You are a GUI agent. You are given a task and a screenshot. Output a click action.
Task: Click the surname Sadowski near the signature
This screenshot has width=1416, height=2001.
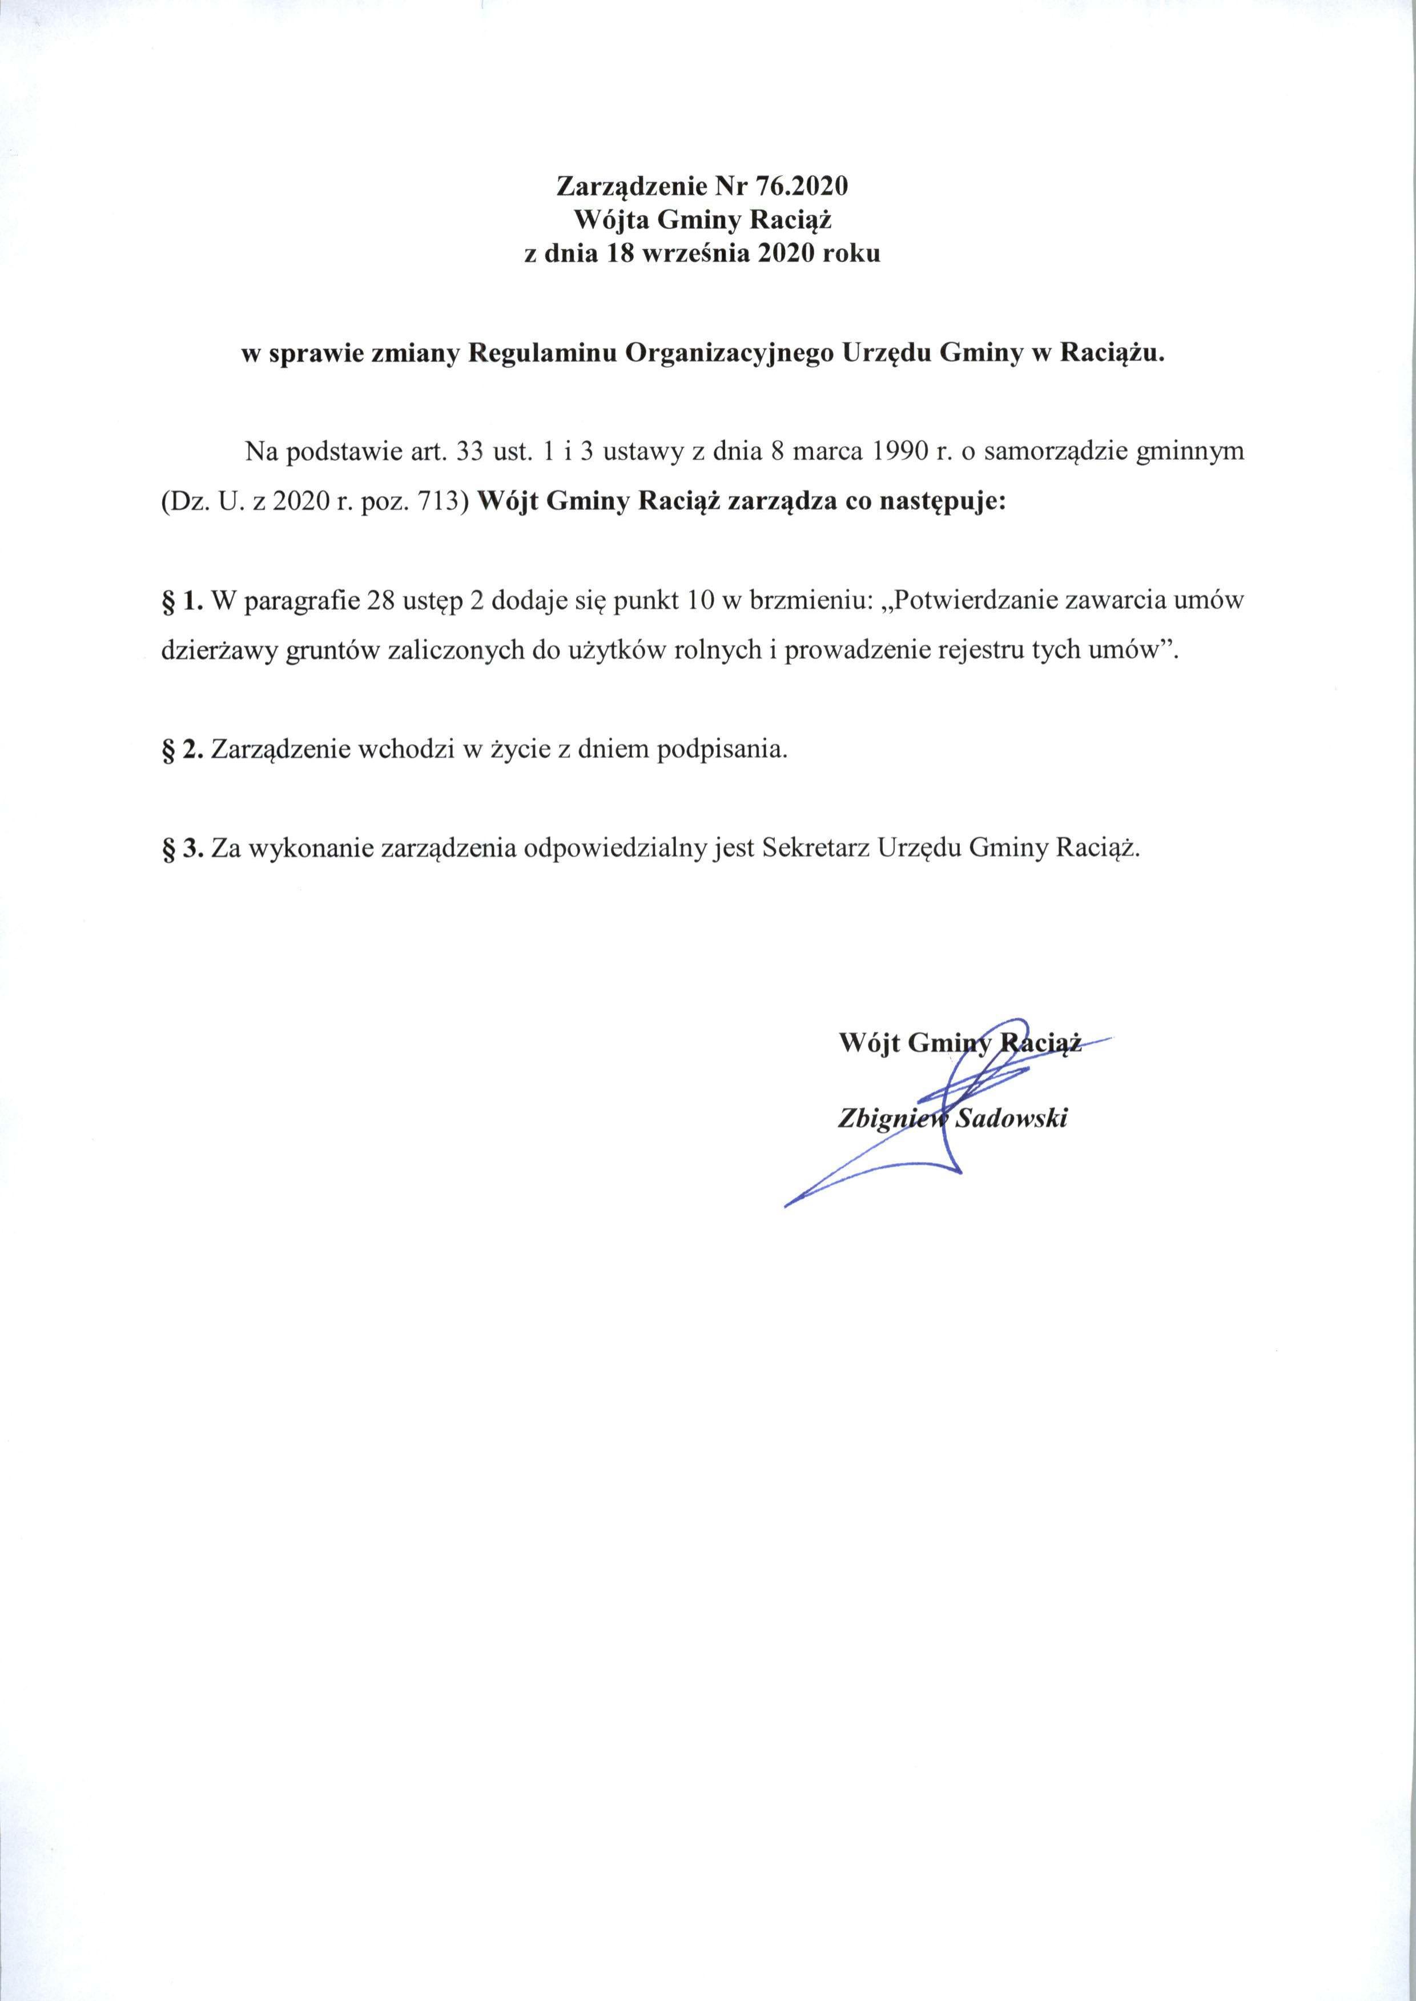[x=1011, y=1119]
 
